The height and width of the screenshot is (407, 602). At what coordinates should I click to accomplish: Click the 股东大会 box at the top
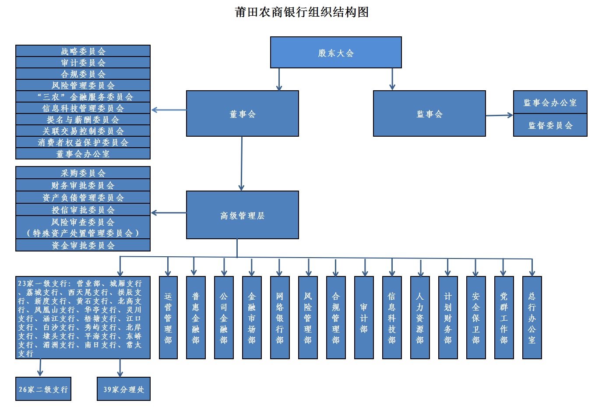point(336,53)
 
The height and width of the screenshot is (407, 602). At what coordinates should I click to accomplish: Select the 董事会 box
point(242,113)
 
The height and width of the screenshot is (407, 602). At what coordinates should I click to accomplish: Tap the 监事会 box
point(429,113)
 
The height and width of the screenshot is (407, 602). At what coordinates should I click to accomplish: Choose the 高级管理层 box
point(242,215)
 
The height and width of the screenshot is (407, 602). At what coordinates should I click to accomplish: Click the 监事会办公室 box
point(550,102)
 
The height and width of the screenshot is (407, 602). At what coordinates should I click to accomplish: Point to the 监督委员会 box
point(550,125)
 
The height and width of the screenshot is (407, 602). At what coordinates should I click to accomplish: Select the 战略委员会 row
point(83,51)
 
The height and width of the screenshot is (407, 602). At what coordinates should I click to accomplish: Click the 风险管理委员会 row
point(83,85)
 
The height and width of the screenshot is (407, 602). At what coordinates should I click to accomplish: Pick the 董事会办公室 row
point(83,154)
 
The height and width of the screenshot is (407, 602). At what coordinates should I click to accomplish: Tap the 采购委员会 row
point(83,173)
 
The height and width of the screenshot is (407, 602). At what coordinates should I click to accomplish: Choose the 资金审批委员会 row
point(83,245)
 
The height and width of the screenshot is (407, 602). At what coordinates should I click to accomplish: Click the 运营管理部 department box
point(168,318)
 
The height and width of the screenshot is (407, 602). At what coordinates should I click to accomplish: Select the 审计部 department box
point(364,318)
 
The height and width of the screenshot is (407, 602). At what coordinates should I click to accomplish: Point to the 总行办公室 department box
point(532,318)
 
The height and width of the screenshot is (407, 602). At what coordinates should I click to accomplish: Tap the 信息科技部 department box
point(392,318)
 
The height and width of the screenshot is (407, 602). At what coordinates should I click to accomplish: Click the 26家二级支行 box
point(43,389)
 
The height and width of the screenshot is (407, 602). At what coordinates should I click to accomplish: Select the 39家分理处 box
point(123,389)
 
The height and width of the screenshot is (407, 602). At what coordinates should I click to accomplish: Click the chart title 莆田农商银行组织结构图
point(302,12)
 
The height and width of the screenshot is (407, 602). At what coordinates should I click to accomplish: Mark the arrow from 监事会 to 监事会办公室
point(499,115)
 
